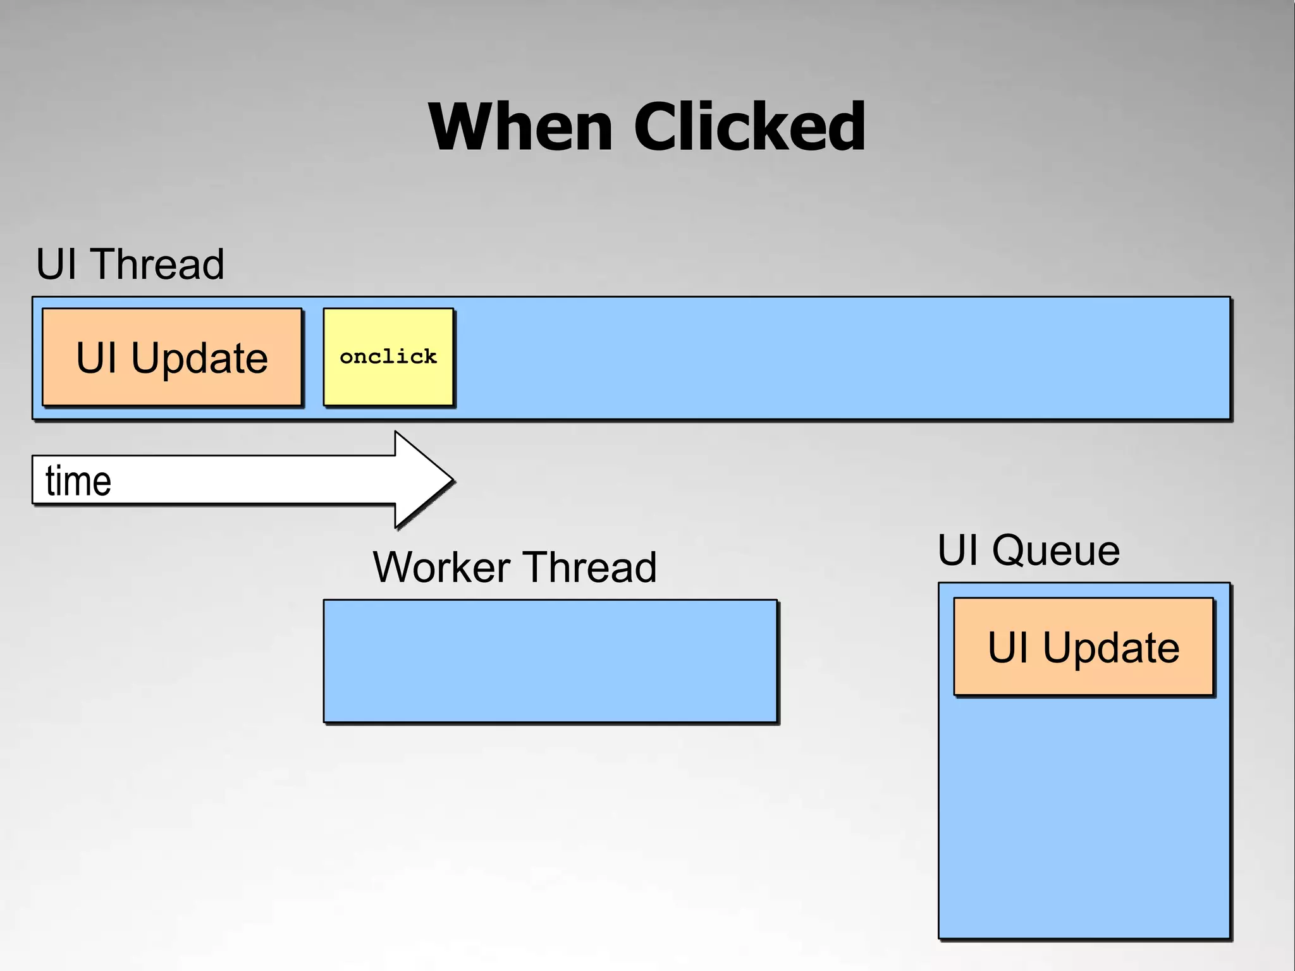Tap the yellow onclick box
pyautogui.click(x=388, y=357)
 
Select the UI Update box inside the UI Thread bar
pyautogui.click(x=172, y=357)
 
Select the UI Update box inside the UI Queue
pyautogui.click(x=1083, y=647)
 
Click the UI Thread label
pyautogui.click(x=130, y=264)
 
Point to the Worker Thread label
pyautogui.click(x=515, y=567)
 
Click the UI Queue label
pyautogui.click(x=1029, y=550)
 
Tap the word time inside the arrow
pyautogui.click(x=78, y=481)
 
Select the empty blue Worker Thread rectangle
pyautogui.click(x=550, y=661)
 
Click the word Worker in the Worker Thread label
pyautogui.click(x=441, y=567)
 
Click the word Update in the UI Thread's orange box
pyautogui.click(x=200, y=358)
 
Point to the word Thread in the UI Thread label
pyautogui.click(x=157, y=264)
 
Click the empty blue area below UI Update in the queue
pyautogui.click(x=1083, y=822)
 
